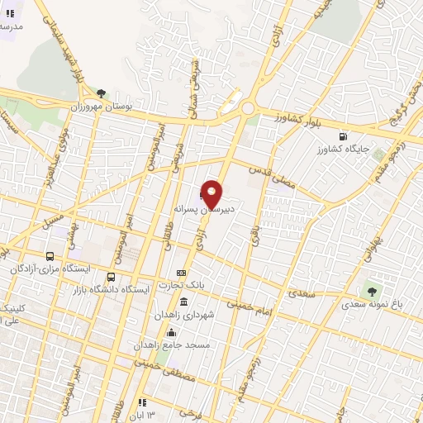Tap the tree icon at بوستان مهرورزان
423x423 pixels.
click(x=102, y=93)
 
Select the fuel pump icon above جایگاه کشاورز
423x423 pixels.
click(x=343, y=136)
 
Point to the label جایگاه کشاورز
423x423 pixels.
click(x=343, y=151)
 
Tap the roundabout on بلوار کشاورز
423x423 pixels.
click(x=246, y=108)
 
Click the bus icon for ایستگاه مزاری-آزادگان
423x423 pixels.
click(x=51, y=256)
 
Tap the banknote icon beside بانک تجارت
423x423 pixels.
click(x=182, y=273)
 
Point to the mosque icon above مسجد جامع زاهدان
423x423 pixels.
click(x=172, y=332)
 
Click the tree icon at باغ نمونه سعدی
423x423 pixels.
click(x=371, y=291)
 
